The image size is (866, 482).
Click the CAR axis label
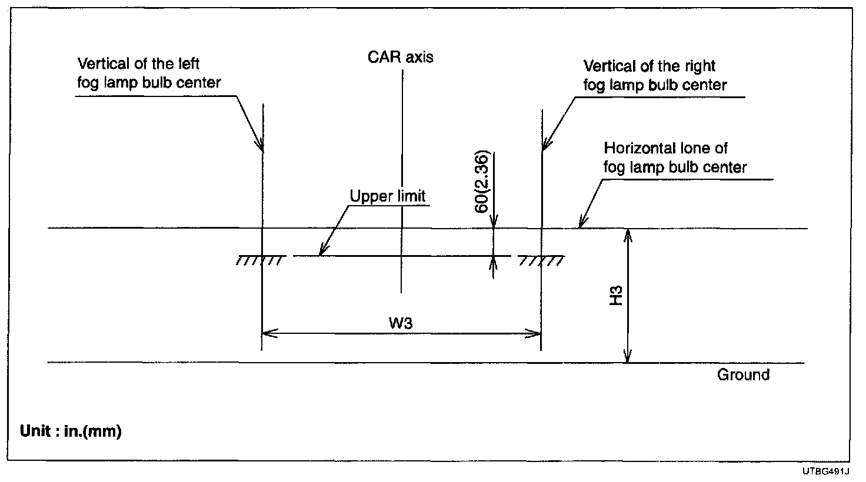[x=400, y=57]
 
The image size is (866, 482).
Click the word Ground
[x=743, y=375]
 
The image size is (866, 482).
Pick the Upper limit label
[x=387, y=196]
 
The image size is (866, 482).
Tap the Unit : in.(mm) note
[x=71, y=431]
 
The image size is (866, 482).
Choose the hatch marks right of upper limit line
[x=541, y=260]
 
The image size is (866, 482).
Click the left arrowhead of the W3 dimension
[x=266, y=334]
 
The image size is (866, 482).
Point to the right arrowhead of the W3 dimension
[x=536, y=334]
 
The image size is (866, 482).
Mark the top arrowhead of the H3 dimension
[x=628, y=233]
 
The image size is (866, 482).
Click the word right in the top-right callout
[x=700, y=66]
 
